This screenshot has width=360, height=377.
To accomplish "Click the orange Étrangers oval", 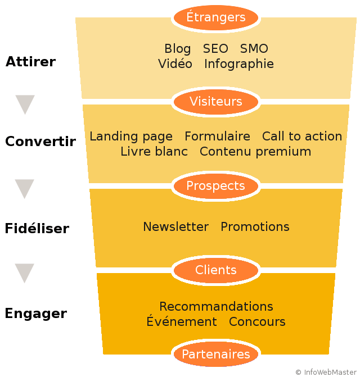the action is tap(216, 17).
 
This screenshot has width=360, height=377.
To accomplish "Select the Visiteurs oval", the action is tap(216, 102).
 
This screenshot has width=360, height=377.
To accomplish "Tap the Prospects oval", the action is tap(216, 186).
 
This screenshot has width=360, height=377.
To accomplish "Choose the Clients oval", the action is tap(216, 270).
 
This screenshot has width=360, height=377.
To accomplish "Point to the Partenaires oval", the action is tap(216, 354).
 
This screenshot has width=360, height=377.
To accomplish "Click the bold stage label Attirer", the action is tap(30, 62).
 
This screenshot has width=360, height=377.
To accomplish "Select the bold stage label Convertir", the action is tap(40, 141).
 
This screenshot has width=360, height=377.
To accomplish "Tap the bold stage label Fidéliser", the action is tap(37, 228).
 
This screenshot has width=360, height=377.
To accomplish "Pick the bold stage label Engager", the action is tap(36, 314).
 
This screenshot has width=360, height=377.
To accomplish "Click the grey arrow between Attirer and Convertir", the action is tap(25, 103).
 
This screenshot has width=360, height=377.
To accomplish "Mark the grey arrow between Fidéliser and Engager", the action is tap(24, 272).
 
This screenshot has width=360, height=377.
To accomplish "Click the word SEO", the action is tap(215, 48).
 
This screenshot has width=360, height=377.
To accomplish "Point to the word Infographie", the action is tap(239, 64).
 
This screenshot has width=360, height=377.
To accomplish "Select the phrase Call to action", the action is tap(302, 136).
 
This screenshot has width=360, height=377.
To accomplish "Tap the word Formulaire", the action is tap(217, 136).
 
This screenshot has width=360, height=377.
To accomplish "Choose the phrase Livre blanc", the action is tap(154, 152).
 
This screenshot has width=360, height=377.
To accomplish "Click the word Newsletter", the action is tap(176, 227).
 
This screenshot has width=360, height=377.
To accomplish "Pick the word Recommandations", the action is tap(216, 307).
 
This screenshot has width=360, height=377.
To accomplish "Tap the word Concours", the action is tap(257, 322).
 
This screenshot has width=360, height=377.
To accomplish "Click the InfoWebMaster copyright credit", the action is tap(326, 372).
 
